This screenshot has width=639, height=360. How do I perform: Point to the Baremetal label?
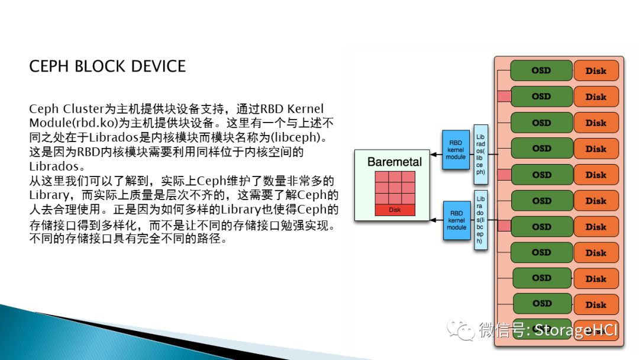click(395, 162)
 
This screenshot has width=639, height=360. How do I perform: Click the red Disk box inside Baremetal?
click(395, 210)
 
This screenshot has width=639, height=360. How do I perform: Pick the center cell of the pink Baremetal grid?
click(395, 188)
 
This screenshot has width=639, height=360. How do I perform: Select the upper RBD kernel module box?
click(456, 150)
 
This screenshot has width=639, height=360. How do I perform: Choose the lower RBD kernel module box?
click(456, 220)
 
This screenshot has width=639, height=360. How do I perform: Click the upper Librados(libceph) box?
click(480, 154)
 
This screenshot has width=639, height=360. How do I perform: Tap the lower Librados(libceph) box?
click(480, 220)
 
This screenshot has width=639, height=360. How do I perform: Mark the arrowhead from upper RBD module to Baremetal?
click(434, 155)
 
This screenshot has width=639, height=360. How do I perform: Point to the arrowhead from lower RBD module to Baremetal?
click(434, 220)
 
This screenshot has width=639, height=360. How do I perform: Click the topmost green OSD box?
click(541, 70)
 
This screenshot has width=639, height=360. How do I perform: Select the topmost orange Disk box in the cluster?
click(596, 71)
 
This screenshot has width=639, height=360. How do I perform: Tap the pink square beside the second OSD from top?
click(504, 97)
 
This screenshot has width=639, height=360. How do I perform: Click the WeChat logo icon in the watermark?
click(461, 329)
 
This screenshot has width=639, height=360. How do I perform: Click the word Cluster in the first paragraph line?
click(83, 109)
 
